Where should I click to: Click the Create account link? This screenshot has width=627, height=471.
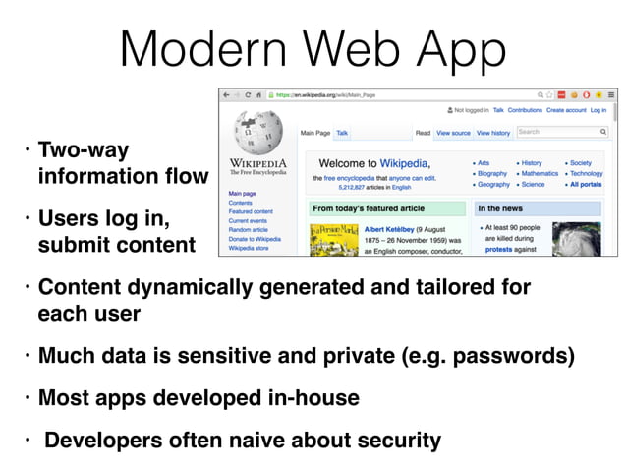[567, 111]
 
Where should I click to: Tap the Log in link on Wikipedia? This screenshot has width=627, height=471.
[598, 111]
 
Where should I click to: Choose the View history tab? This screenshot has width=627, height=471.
[493, 133]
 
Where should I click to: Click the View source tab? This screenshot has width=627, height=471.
[453, 133]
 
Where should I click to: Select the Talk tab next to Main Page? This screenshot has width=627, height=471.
[342, 133]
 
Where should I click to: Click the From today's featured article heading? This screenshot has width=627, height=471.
[368, 209]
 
